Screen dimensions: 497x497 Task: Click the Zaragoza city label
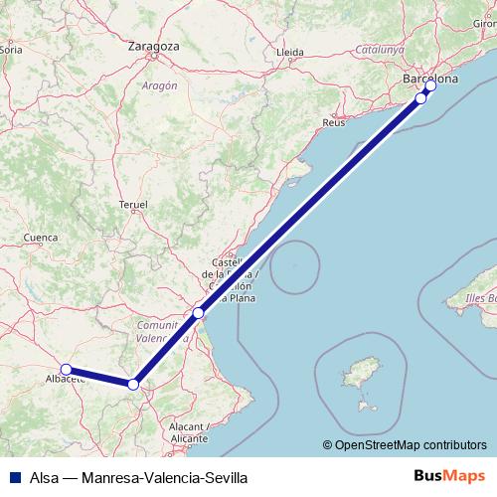point(153,46)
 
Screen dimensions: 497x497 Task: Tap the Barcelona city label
point(427,78)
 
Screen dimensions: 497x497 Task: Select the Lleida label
point(290,51)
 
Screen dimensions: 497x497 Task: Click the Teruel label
point(132,203)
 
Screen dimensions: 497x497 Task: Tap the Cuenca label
point(41,238)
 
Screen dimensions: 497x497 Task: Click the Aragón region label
point(159,85)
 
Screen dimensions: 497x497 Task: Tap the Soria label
point(12,47)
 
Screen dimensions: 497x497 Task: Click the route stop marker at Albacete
point(66,370)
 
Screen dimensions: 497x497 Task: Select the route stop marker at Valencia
point(199,313)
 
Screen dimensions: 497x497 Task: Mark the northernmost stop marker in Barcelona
point(430,85)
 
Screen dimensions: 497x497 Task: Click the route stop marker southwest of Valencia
point(133,384)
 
